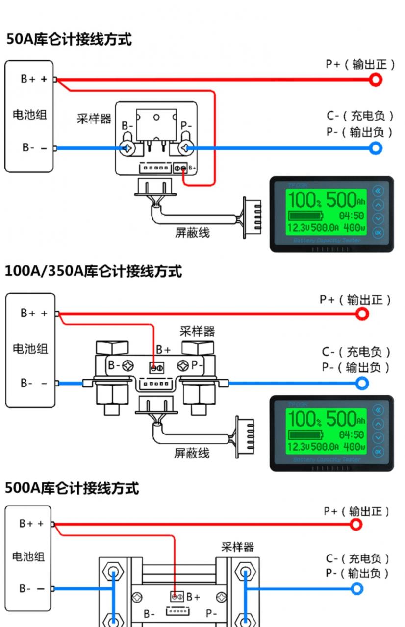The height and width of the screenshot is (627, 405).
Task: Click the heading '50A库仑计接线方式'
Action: pos(69,40)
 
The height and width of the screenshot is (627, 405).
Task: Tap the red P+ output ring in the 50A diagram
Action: pos(376,79)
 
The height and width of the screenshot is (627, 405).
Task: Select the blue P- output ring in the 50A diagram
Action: pos(376,147)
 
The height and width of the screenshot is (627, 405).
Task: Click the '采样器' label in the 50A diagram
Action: pos(94,118)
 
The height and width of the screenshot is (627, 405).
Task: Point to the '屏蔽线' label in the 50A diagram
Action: pos(193,232)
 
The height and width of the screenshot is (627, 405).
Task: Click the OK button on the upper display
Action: pos(378,232)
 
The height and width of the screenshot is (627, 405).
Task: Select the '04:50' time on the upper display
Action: pos(351,216)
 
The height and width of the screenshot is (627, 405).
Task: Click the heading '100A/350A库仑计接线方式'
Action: pos(93,271)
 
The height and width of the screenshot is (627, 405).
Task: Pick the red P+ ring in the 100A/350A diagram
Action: pos(362,313)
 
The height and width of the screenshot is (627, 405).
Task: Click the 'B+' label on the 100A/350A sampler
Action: pos(164,350)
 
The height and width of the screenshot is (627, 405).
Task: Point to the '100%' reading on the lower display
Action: pos(304,419)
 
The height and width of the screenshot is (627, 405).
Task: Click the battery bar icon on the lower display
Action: pos(305,434)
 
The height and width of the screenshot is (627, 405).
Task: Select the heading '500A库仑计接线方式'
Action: pos(72,488)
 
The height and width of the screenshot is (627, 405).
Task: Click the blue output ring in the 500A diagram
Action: pos(357,588)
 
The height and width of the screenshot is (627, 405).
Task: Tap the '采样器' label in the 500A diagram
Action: pos(238,547)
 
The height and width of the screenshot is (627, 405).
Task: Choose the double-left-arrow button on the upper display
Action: pos(378,191)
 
